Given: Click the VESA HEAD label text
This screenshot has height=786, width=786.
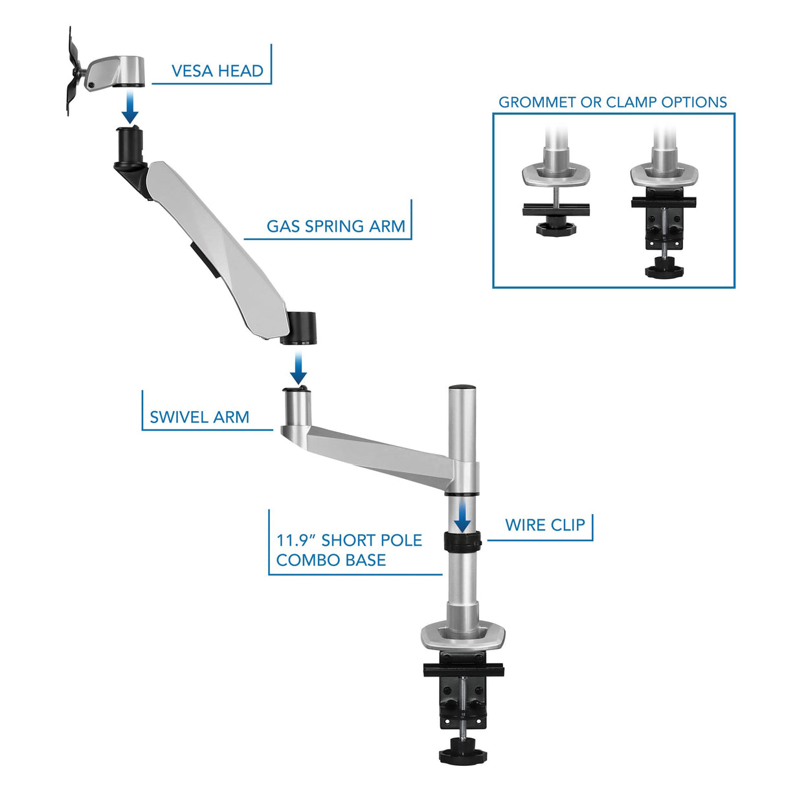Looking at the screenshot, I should point(217,71).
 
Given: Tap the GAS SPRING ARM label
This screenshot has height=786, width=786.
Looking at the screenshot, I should point(335,227).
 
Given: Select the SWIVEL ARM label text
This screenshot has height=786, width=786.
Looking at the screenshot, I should point(199,418).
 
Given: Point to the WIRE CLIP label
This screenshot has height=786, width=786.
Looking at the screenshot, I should point(545,525).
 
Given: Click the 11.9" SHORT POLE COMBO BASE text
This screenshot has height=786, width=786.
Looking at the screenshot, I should point(348,550).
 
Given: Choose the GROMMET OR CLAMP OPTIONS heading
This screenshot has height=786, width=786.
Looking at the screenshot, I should point(612,102).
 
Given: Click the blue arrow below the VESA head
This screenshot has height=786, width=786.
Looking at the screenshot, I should point(130,107).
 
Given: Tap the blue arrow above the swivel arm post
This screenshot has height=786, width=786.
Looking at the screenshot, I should point(298,369).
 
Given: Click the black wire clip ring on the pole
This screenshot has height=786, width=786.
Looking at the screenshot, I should point(462,541).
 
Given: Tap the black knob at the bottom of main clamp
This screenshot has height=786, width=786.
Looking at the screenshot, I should point(462,755).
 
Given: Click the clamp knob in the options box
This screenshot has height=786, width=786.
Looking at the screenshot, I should point(664,267).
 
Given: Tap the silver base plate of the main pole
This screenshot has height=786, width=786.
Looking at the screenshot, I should point(462,638).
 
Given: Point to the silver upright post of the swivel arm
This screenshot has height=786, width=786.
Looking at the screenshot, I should point(297,408).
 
